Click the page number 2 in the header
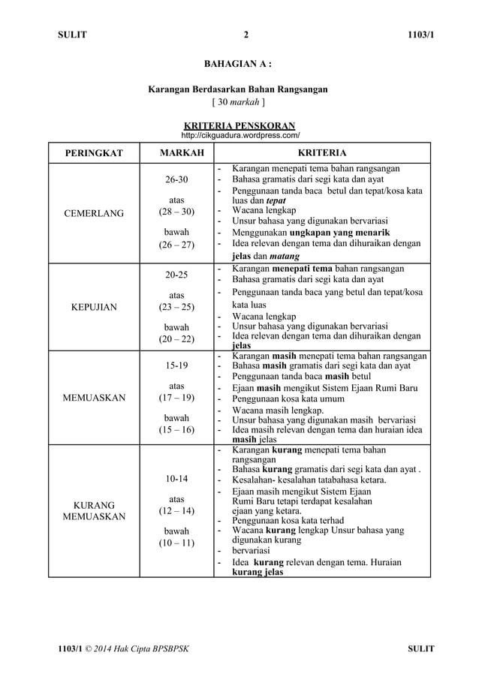click(246, 34)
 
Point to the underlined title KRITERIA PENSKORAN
click(239, 125)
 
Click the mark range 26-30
click(177, 180)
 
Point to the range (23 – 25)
click(177, 307)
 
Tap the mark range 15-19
click(177, 368)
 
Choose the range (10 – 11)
click(177, 543)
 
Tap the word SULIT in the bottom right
click(420, 648)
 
